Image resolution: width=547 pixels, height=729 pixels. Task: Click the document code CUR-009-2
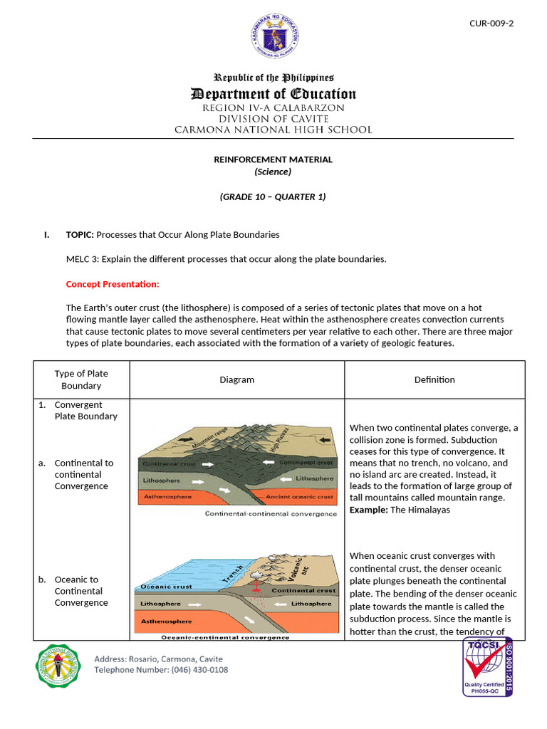coord(491,23)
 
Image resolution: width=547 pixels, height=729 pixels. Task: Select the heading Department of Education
coord(273,94)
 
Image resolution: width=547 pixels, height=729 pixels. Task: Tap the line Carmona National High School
coord(273,130)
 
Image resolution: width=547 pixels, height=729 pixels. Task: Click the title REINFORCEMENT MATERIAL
coord(273,159)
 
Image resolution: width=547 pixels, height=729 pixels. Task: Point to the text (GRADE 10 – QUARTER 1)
coord(273,196)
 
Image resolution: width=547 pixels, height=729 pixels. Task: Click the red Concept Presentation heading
coord(113,284)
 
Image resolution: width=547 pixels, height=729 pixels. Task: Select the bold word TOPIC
coord(80,234)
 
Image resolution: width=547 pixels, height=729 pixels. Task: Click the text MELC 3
coord(82,259)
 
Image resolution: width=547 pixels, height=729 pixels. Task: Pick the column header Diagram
coord(237,379)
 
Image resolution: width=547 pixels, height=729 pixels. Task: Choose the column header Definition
coord(434,379)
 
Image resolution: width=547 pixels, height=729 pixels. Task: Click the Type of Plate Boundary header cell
coord(81,379)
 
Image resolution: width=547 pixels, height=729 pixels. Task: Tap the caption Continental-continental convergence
coord(271,513)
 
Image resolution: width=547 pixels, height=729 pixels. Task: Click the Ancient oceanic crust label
coord(299,496)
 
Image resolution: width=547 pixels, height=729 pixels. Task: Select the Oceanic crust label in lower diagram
coord(167,587)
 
